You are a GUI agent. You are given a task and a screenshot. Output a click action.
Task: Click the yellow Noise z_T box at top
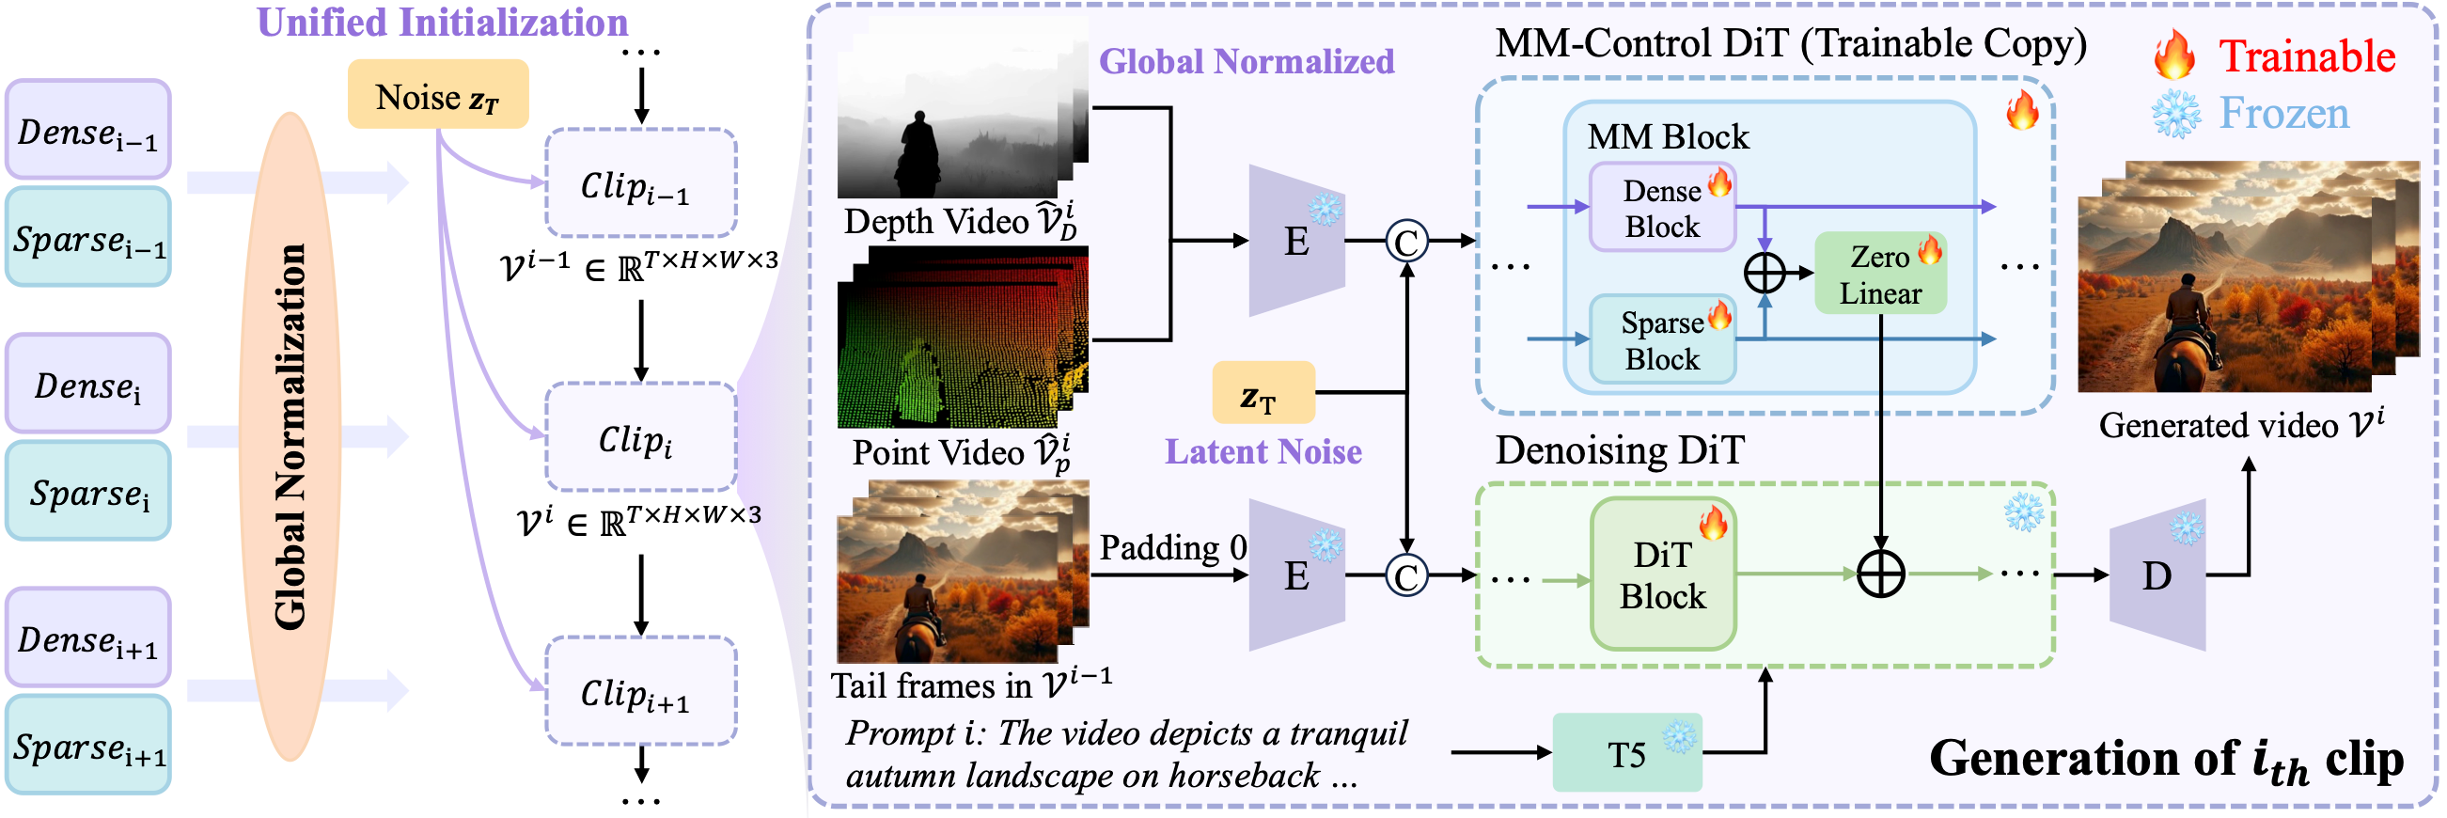pos(437,95)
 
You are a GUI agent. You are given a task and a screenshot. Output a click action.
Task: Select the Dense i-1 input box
pos(87,130)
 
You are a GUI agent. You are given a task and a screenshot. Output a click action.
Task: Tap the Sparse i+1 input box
pos(87,746)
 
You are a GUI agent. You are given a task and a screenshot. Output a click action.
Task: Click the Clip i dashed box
pos(640,438)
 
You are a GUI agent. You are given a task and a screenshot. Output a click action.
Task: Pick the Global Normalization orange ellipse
pos(290,437)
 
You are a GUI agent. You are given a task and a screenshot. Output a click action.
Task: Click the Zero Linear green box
pos(1880,274)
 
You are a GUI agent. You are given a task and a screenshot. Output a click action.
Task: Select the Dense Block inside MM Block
pos(1661,208)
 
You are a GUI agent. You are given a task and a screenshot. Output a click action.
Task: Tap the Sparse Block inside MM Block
pos(1661,340)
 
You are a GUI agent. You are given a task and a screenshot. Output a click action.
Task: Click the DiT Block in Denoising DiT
pos(1661,574)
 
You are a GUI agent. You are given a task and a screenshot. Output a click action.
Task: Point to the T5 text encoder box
pos(1626,754)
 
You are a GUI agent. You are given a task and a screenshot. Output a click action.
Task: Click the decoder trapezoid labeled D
pos(2157,574)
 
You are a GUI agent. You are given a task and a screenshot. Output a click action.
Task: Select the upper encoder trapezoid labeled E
pos(1295,242)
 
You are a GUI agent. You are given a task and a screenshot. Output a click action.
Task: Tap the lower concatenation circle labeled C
pos(1406,575)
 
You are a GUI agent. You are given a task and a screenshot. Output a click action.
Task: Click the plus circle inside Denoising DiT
pos(1880,574)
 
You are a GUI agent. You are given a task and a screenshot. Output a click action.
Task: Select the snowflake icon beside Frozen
pos(2175,114)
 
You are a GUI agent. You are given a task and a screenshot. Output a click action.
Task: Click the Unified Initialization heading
pos(443,23)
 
